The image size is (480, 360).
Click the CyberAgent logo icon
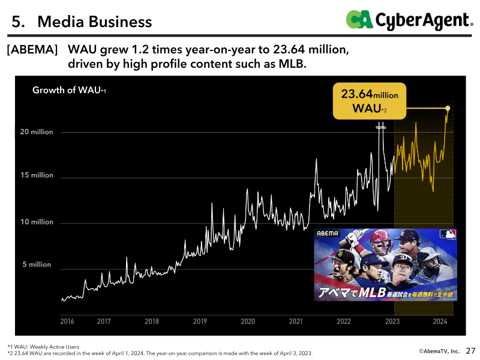359,19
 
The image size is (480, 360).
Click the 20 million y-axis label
37,132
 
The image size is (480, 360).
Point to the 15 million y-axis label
37,175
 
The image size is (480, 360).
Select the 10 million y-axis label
37,222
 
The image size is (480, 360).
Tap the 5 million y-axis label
37,265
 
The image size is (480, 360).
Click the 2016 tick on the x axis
67,321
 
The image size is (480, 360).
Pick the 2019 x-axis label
200,321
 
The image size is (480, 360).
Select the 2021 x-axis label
296,321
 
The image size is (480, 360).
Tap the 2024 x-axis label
440,321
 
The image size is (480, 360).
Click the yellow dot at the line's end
448,108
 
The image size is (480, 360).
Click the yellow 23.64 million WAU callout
370,101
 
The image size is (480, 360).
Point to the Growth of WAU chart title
69,90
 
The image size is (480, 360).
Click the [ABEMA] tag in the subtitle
32,49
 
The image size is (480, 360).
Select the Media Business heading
95,22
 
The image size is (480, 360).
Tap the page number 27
470,351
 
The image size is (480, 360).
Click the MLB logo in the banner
448,234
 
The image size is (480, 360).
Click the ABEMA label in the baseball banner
328,233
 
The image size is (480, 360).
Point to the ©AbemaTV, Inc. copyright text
439,351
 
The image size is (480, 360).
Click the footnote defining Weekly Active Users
43,347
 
